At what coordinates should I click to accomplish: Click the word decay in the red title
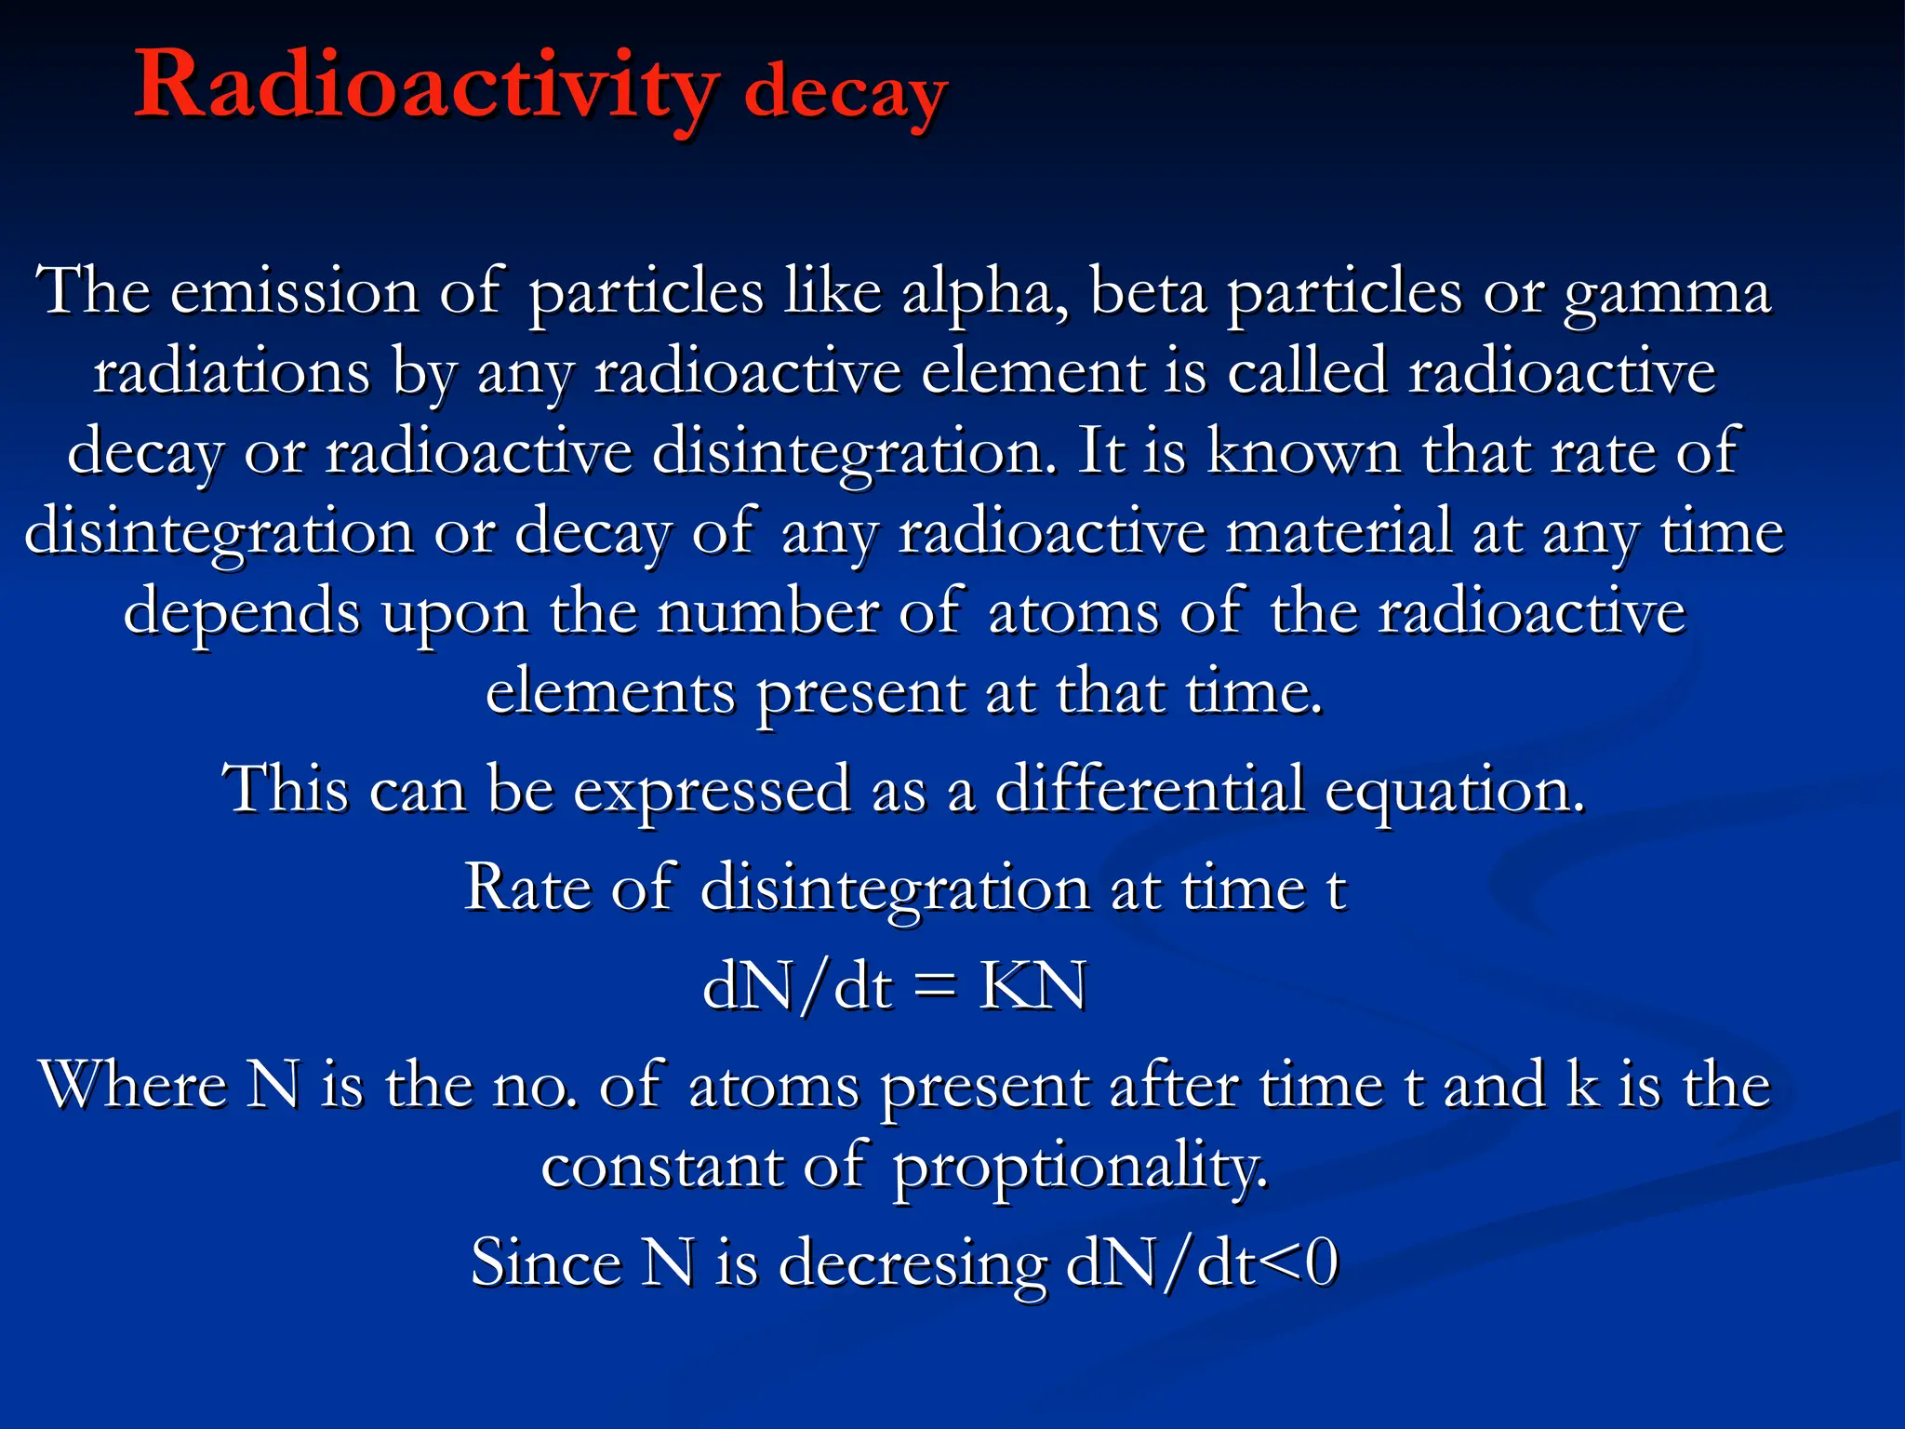(845, 95)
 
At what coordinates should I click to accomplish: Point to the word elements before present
(610, 693)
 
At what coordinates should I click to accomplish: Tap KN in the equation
(1032, 986)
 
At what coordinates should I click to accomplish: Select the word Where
(132, 1085)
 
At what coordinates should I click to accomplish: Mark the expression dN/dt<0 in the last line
(1202, 1264)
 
